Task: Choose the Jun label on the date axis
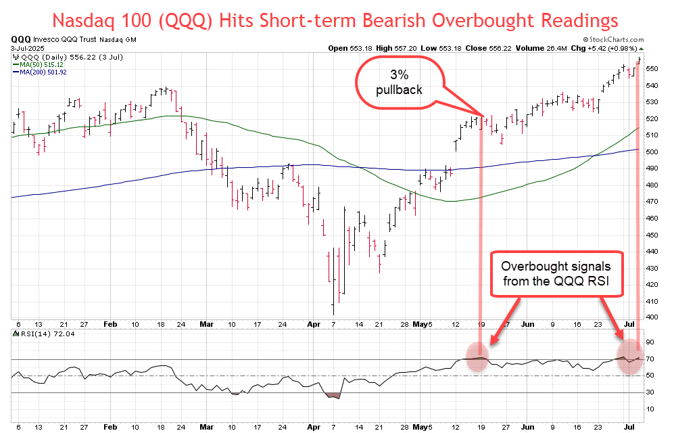click(x=524, y=324)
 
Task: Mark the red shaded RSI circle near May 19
click(x=478, y=357)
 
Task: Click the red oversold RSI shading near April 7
click(x=334, y=395)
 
